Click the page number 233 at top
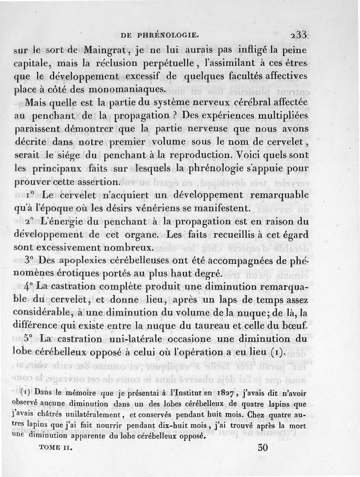click(298, 34)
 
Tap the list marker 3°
click(30, 260)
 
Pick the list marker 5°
click(30, 338)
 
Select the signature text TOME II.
click(56, 449)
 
